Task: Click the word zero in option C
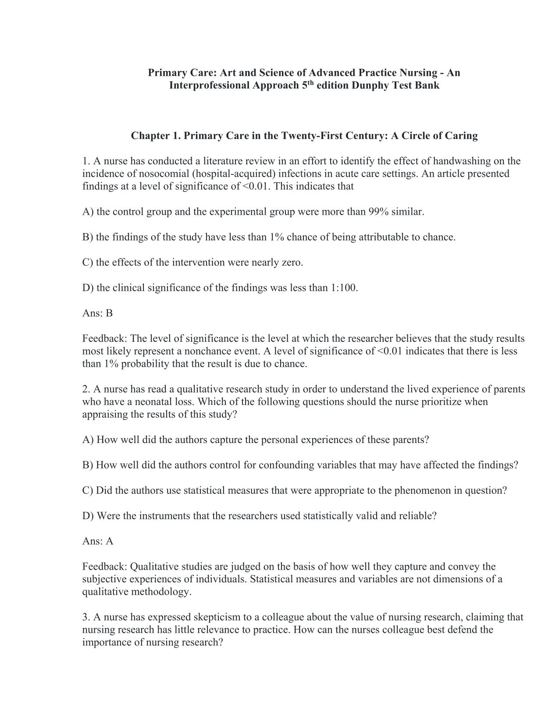[292, 263]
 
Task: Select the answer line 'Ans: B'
[97, 313]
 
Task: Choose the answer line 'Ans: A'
[97, 542]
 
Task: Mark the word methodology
[162, 592]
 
